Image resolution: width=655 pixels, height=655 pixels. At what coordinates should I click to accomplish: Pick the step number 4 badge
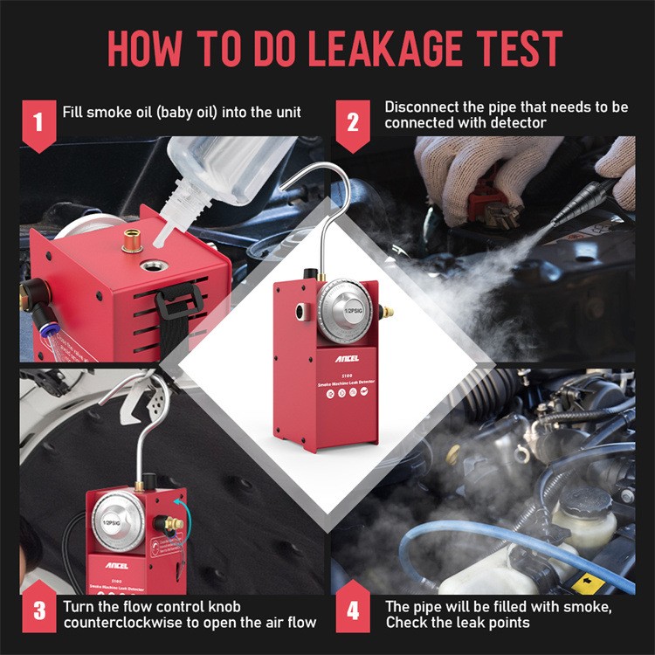coord(353,613)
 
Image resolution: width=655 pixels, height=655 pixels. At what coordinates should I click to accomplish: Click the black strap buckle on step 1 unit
coord(178,302)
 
